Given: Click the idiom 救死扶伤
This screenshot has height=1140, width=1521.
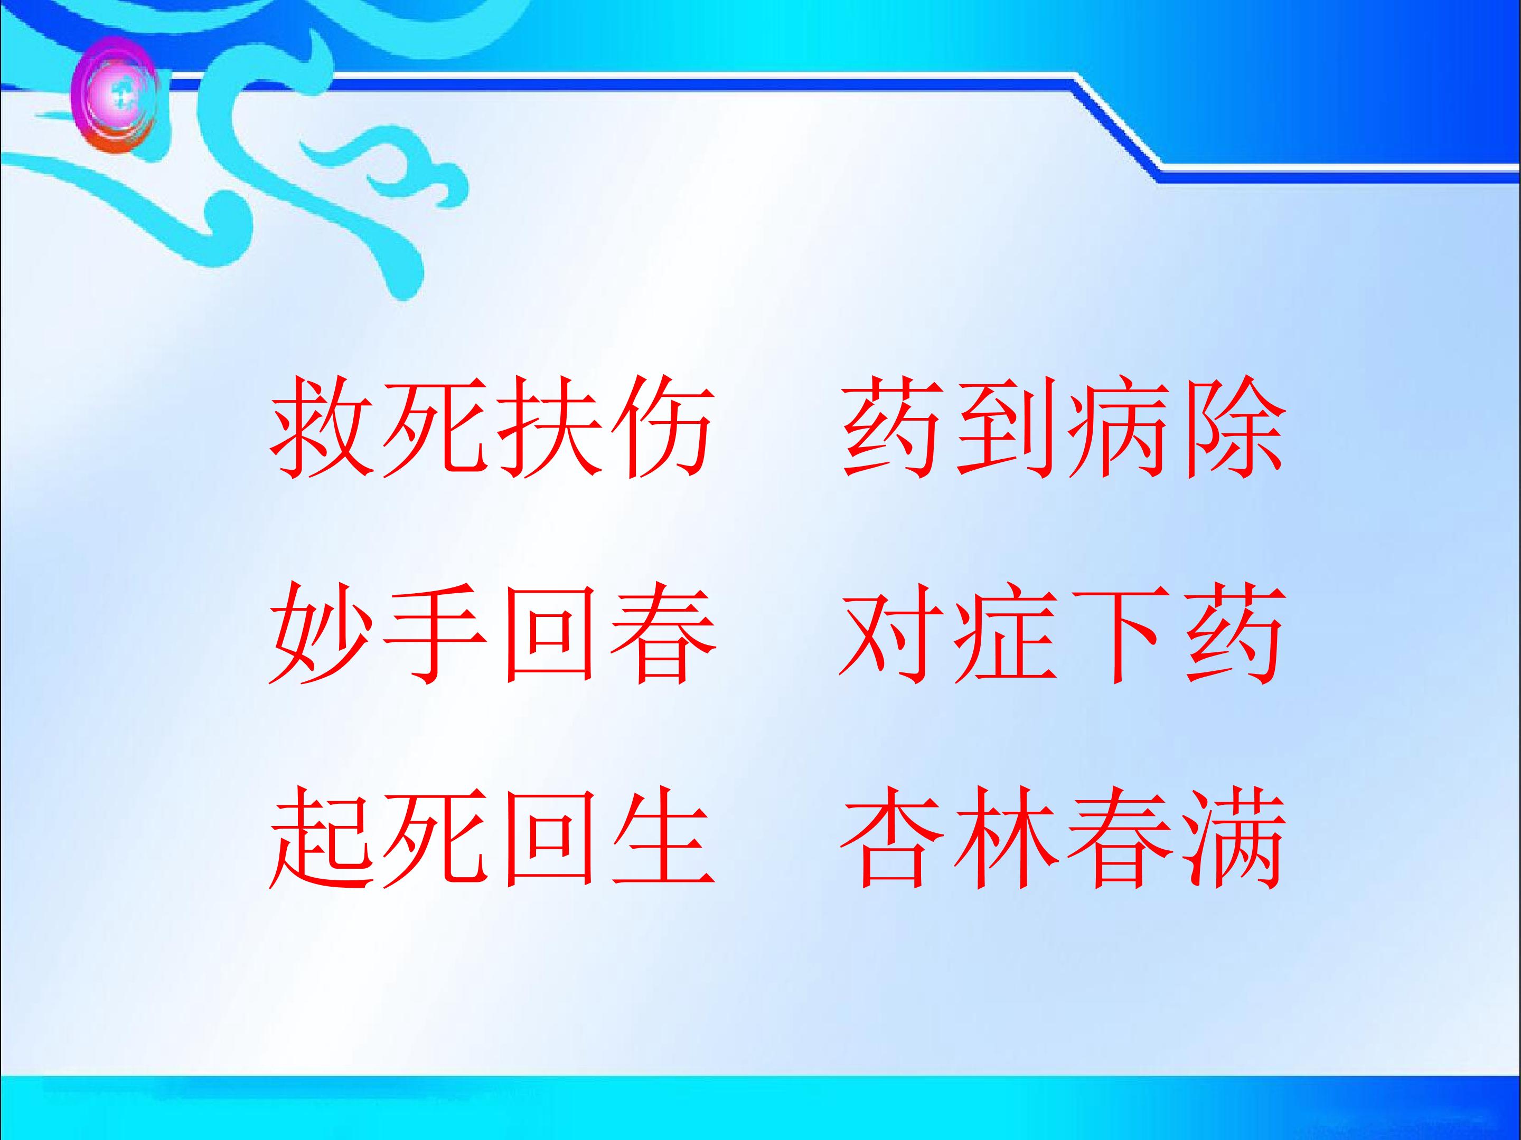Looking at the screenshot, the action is tap(490, 428).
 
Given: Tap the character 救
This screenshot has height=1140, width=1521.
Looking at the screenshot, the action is tap(322, 428).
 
